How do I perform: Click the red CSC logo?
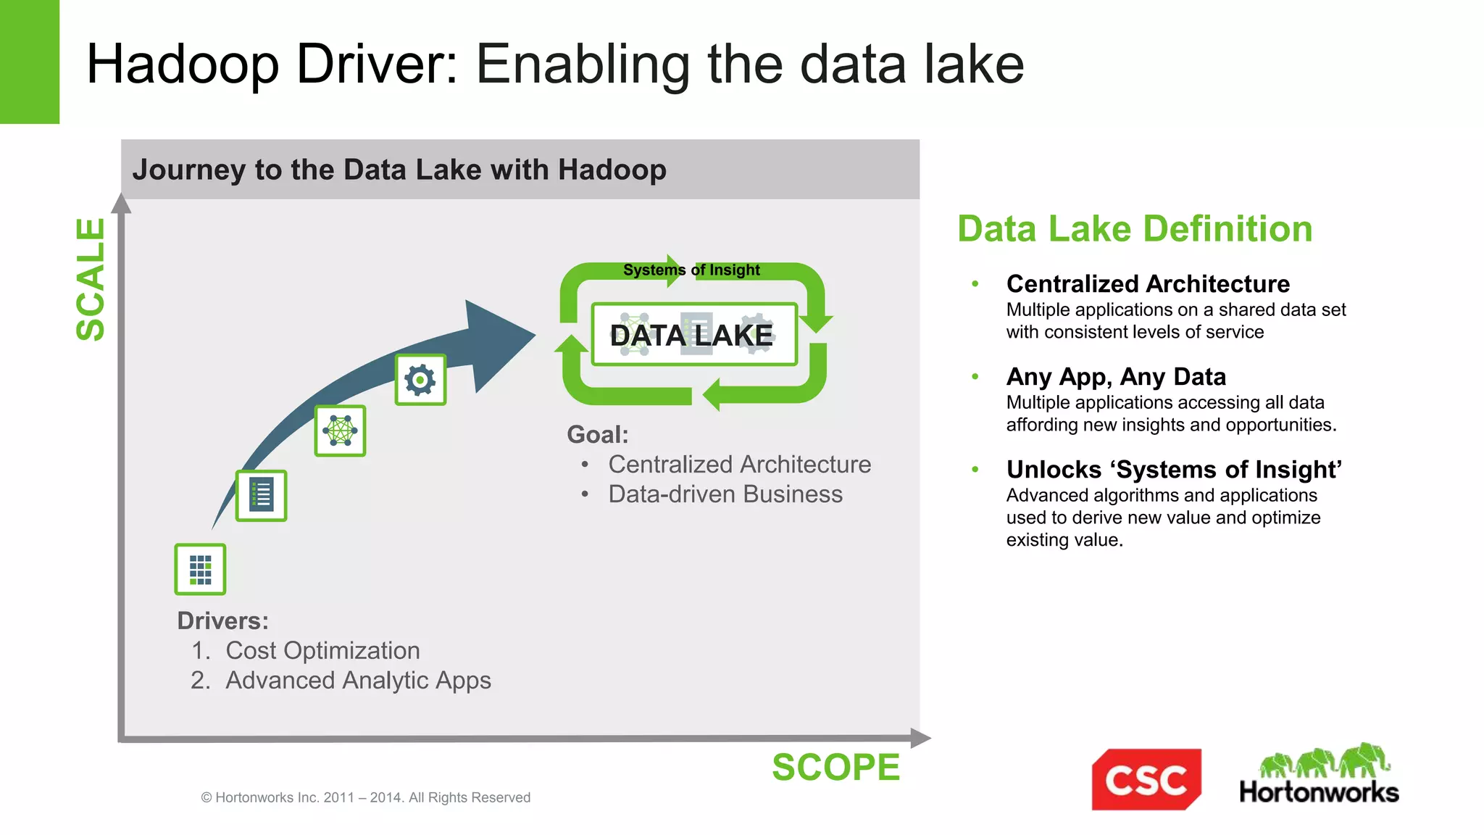[1146, 779]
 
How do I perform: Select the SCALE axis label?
[91, 279]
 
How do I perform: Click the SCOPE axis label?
[835, 768]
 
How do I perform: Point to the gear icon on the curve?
[420, 380]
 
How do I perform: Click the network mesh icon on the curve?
[340, 431]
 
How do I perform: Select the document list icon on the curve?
[261, 496]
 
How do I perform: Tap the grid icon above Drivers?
[200, 570]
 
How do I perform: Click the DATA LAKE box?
[693, 335]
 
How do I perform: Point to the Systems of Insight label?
[691, 270]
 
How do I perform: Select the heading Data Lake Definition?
[1135, 229]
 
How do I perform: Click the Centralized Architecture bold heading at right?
[1148, 283]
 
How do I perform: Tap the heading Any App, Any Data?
[1116, 377]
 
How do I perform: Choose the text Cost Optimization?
[322, 651]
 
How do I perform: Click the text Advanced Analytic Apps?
[358, 681]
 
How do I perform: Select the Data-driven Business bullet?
[725, 494]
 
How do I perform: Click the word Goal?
[597, 435]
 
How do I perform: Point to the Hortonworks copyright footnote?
[365, 797]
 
